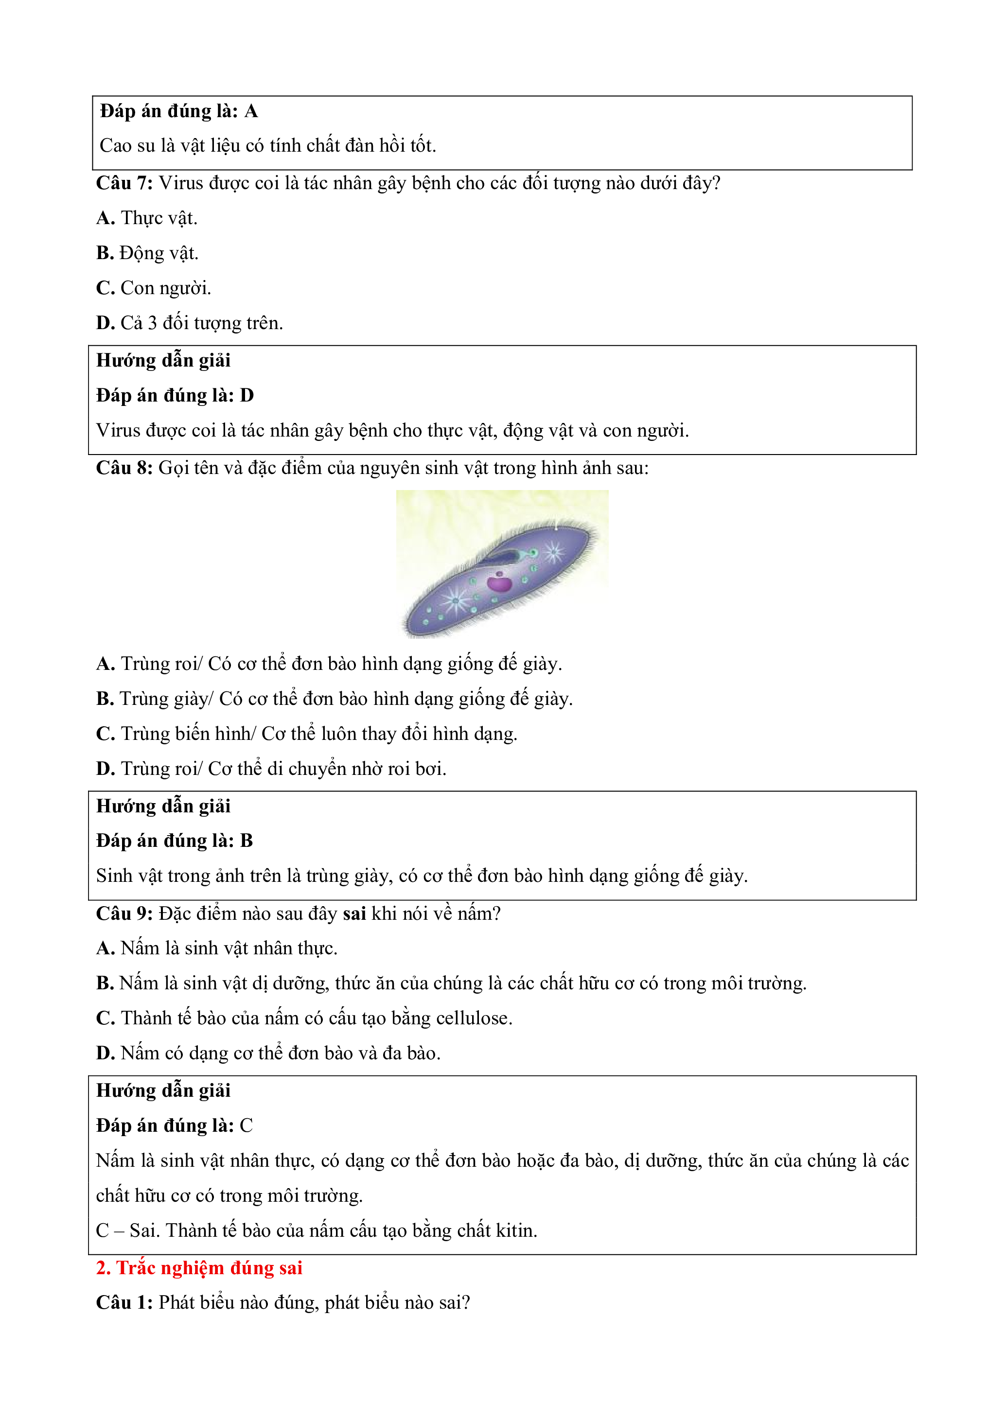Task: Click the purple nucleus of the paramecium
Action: [x=499, y=583]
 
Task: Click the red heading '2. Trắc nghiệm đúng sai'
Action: [x=199, y=1268]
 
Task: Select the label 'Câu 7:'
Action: [x=124, y=183]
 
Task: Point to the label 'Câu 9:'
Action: [x=124, y=913]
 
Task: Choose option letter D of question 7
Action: [x=105, y=323]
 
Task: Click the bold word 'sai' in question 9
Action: [x=354, y=913]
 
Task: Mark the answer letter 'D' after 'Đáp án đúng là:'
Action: [x=247, y=396]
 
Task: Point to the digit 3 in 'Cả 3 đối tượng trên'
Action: [x=152, y=323]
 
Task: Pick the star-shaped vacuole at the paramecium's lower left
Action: [x=456, y=600]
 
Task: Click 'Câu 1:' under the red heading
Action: [x=124, y=1303]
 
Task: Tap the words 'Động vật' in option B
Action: [x=159, y=253]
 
